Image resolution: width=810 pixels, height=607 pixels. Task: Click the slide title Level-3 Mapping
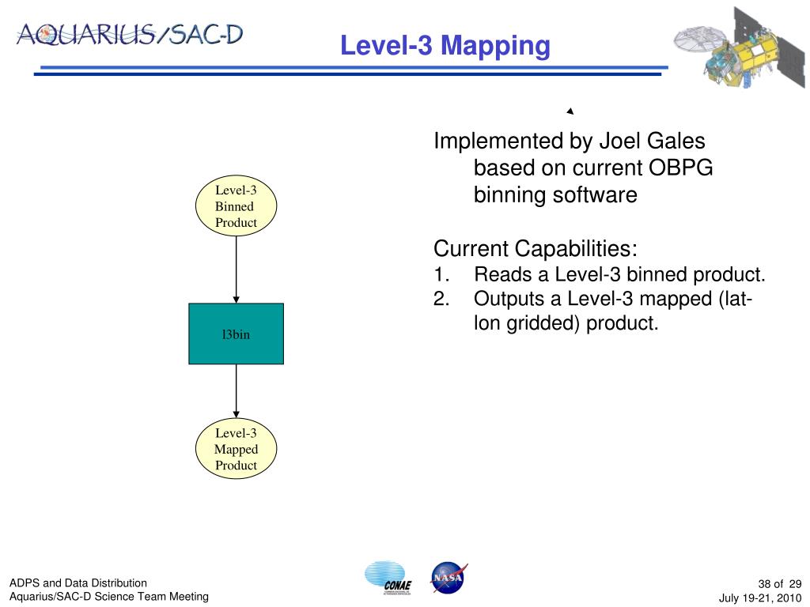445,45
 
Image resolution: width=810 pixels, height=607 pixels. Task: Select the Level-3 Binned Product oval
236,206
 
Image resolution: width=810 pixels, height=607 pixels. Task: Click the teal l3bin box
236,334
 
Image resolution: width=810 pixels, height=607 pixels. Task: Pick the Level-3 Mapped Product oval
236,449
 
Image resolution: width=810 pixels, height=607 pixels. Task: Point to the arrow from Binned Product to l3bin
236,269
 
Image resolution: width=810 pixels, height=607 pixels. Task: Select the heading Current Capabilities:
536,249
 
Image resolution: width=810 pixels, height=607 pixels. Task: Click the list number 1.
441,275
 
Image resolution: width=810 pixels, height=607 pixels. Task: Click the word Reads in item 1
500,275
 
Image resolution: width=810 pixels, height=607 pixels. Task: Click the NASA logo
448,578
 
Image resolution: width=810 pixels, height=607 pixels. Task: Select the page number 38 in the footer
765,582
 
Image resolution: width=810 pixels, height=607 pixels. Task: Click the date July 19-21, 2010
760,598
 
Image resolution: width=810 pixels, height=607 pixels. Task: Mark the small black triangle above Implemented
569,111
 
